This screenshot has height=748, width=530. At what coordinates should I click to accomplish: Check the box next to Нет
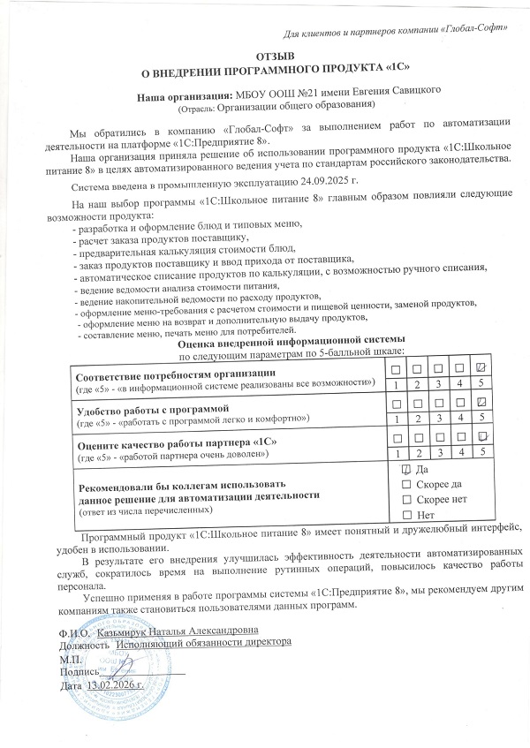(406, 514)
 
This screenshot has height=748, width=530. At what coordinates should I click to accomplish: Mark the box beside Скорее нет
(406, 499)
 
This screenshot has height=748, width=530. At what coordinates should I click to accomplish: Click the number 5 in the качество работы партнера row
(481, 451)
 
